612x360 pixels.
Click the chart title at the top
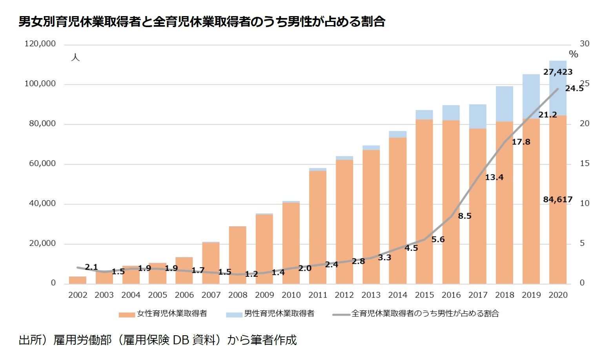(x=202, y=22)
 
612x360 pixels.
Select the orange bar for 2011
(x=317, y=228)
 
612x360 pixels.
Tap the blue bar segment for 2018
(x=504, y=104)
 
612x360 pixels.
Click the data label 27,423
(x=557, y=72)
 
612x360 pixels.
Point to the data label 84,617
(x=557, y=199)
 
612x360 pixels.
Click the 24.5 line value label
(x=574, y=88)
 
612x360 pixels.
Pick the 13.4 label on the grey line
(x=494, y=177)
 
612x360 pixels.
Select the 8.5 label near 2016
(x=464, y=216)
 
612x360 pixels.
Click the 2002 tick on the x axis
(x=78, y=295)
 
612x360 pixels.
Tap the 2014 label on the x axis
(x=397, y=295)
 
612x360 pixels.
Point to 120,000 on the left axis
(x=40, y=44)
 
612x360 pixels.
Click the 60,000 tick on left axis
(x=42, y=163)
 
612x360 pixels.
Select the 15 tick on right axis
(x=584, y=163)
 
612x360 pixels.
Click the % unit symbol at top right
(x=573, y=55)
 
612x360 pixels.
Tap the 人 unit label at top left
(x=75, y=57)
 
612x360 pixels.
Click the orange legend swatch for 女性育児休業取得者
(x=127, y=314)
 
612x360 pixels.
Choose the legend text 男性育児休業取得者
(x=279, y=314)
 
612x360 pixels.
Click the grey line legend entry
(x=341, y=314)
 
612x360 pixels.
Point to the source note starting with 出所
(x=158, y=340)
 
